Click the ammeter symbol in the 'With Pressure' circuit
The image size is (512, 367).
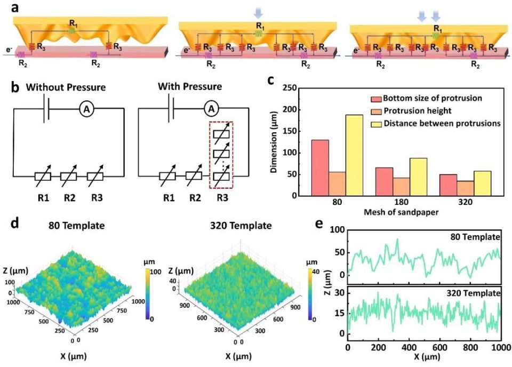pos(212,108)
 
